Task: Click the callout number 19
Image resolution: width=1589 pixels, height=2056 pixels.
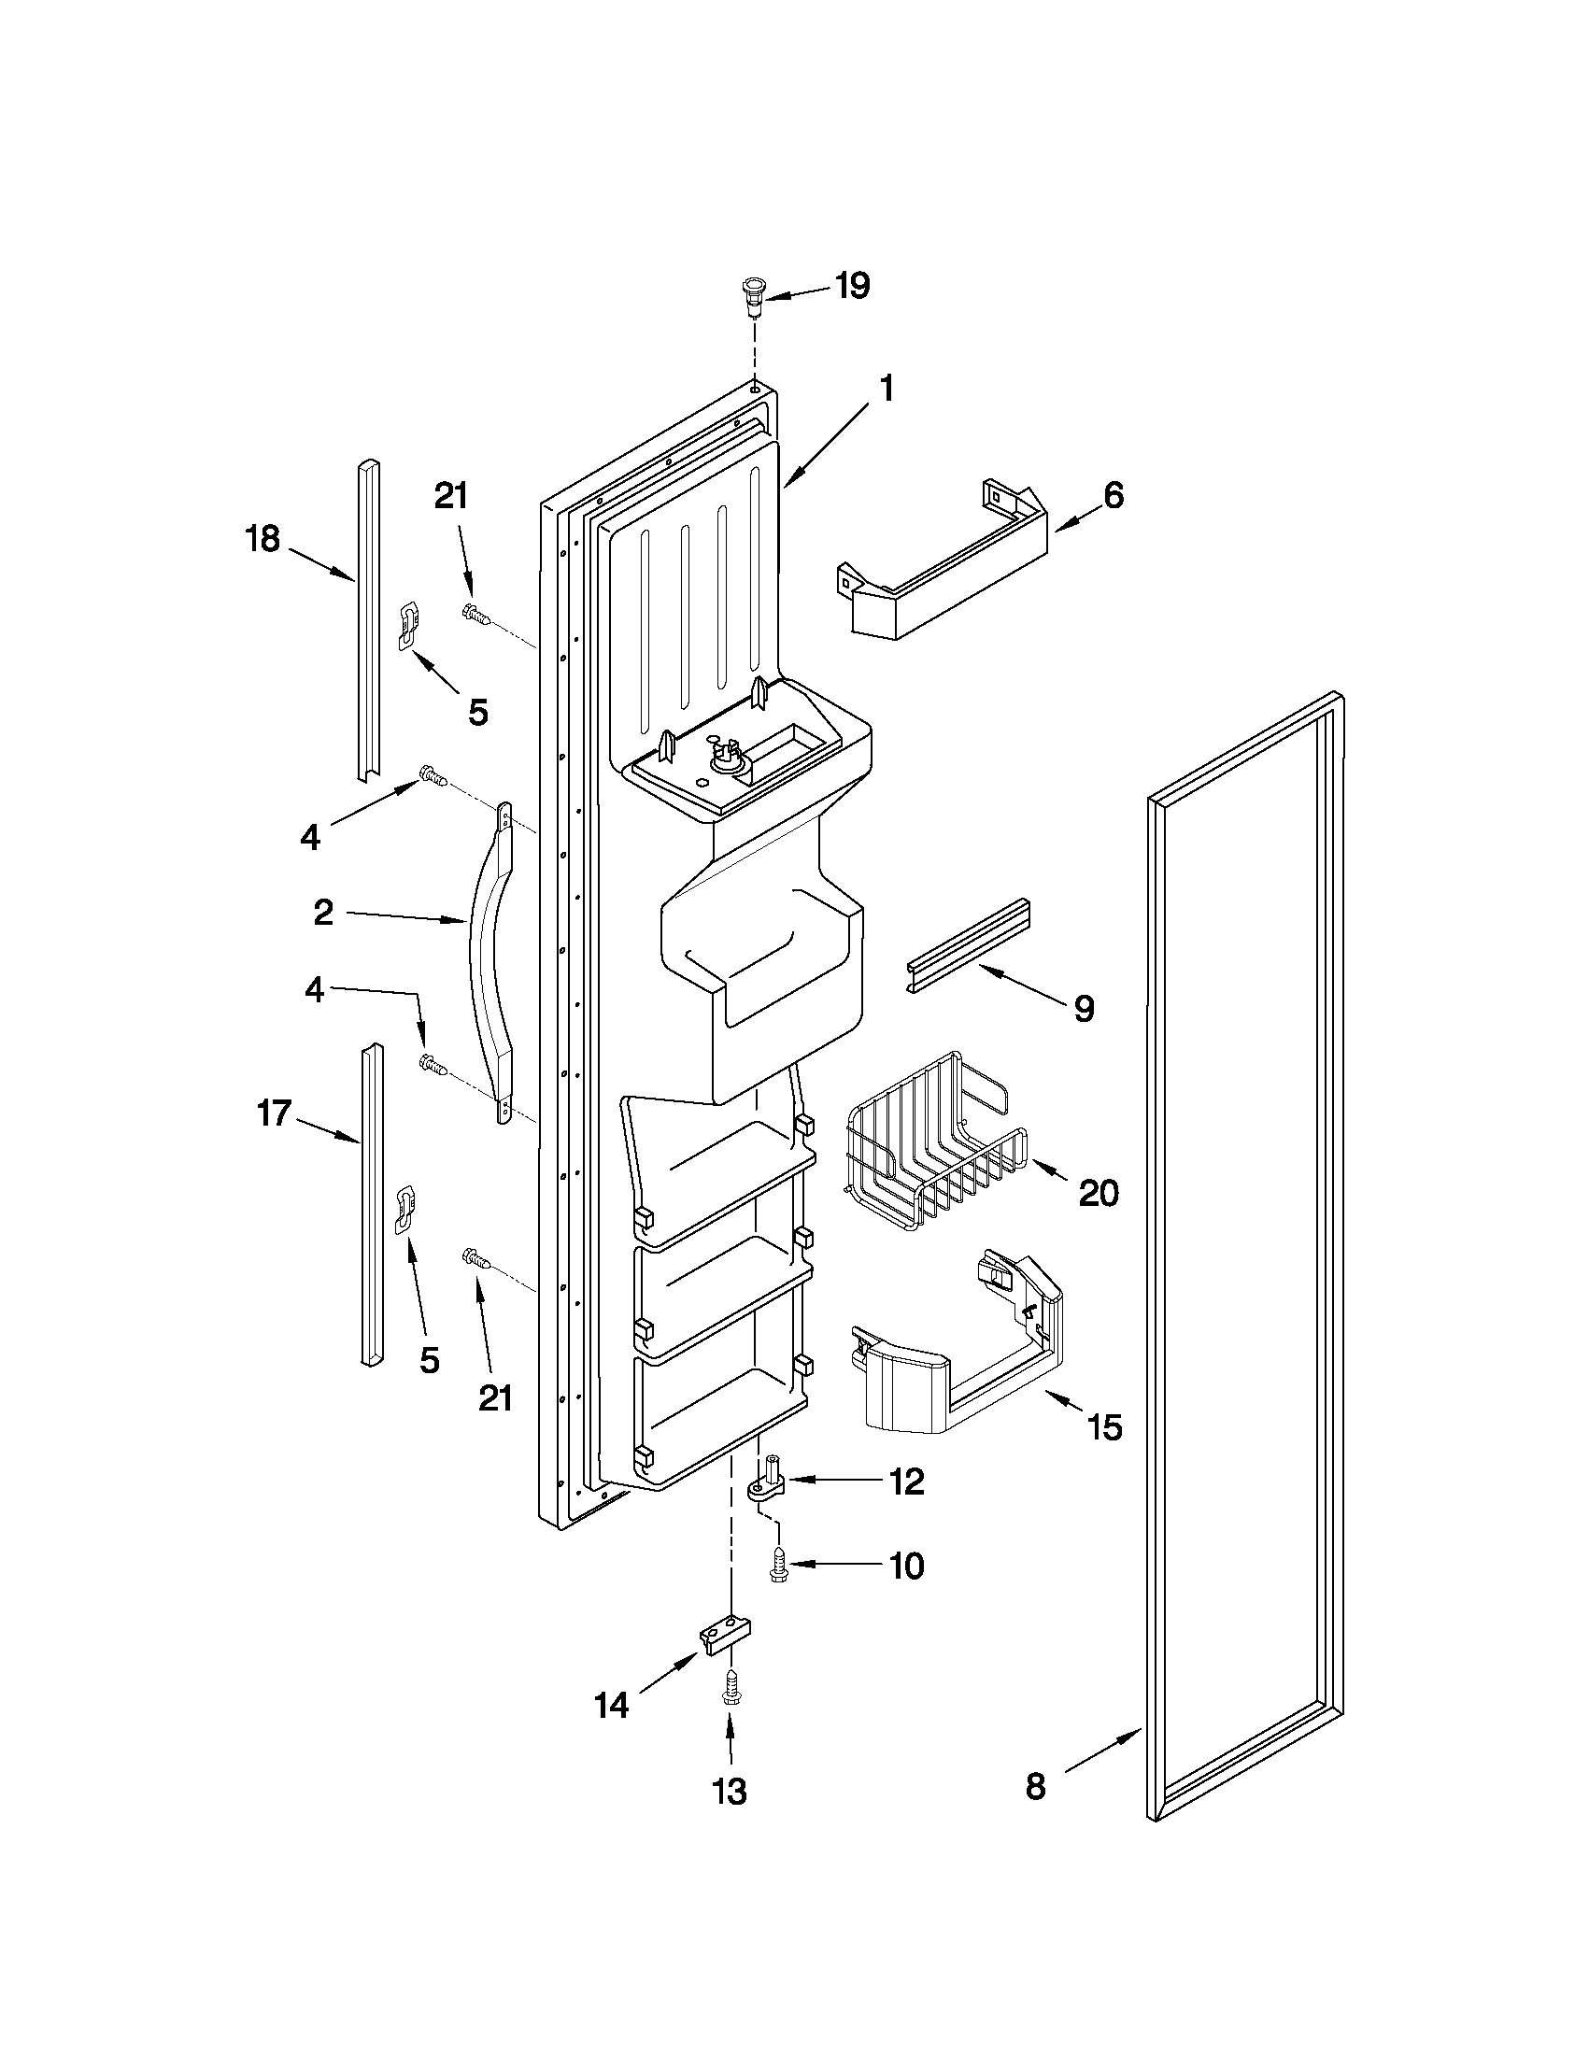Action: tap(852, 286)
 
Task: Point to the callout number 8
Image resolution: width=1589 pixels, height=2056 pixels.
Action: tap(1035, 1787)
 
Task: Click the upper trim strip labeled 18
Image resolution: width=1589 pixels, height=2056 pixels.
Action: tap(368, 621)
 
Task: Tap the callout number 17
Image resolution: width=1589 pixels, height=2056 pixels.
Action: tap(274, 1114)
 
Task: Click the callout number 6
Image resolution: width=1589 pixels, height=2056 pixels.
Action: tap(1113, 496)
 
